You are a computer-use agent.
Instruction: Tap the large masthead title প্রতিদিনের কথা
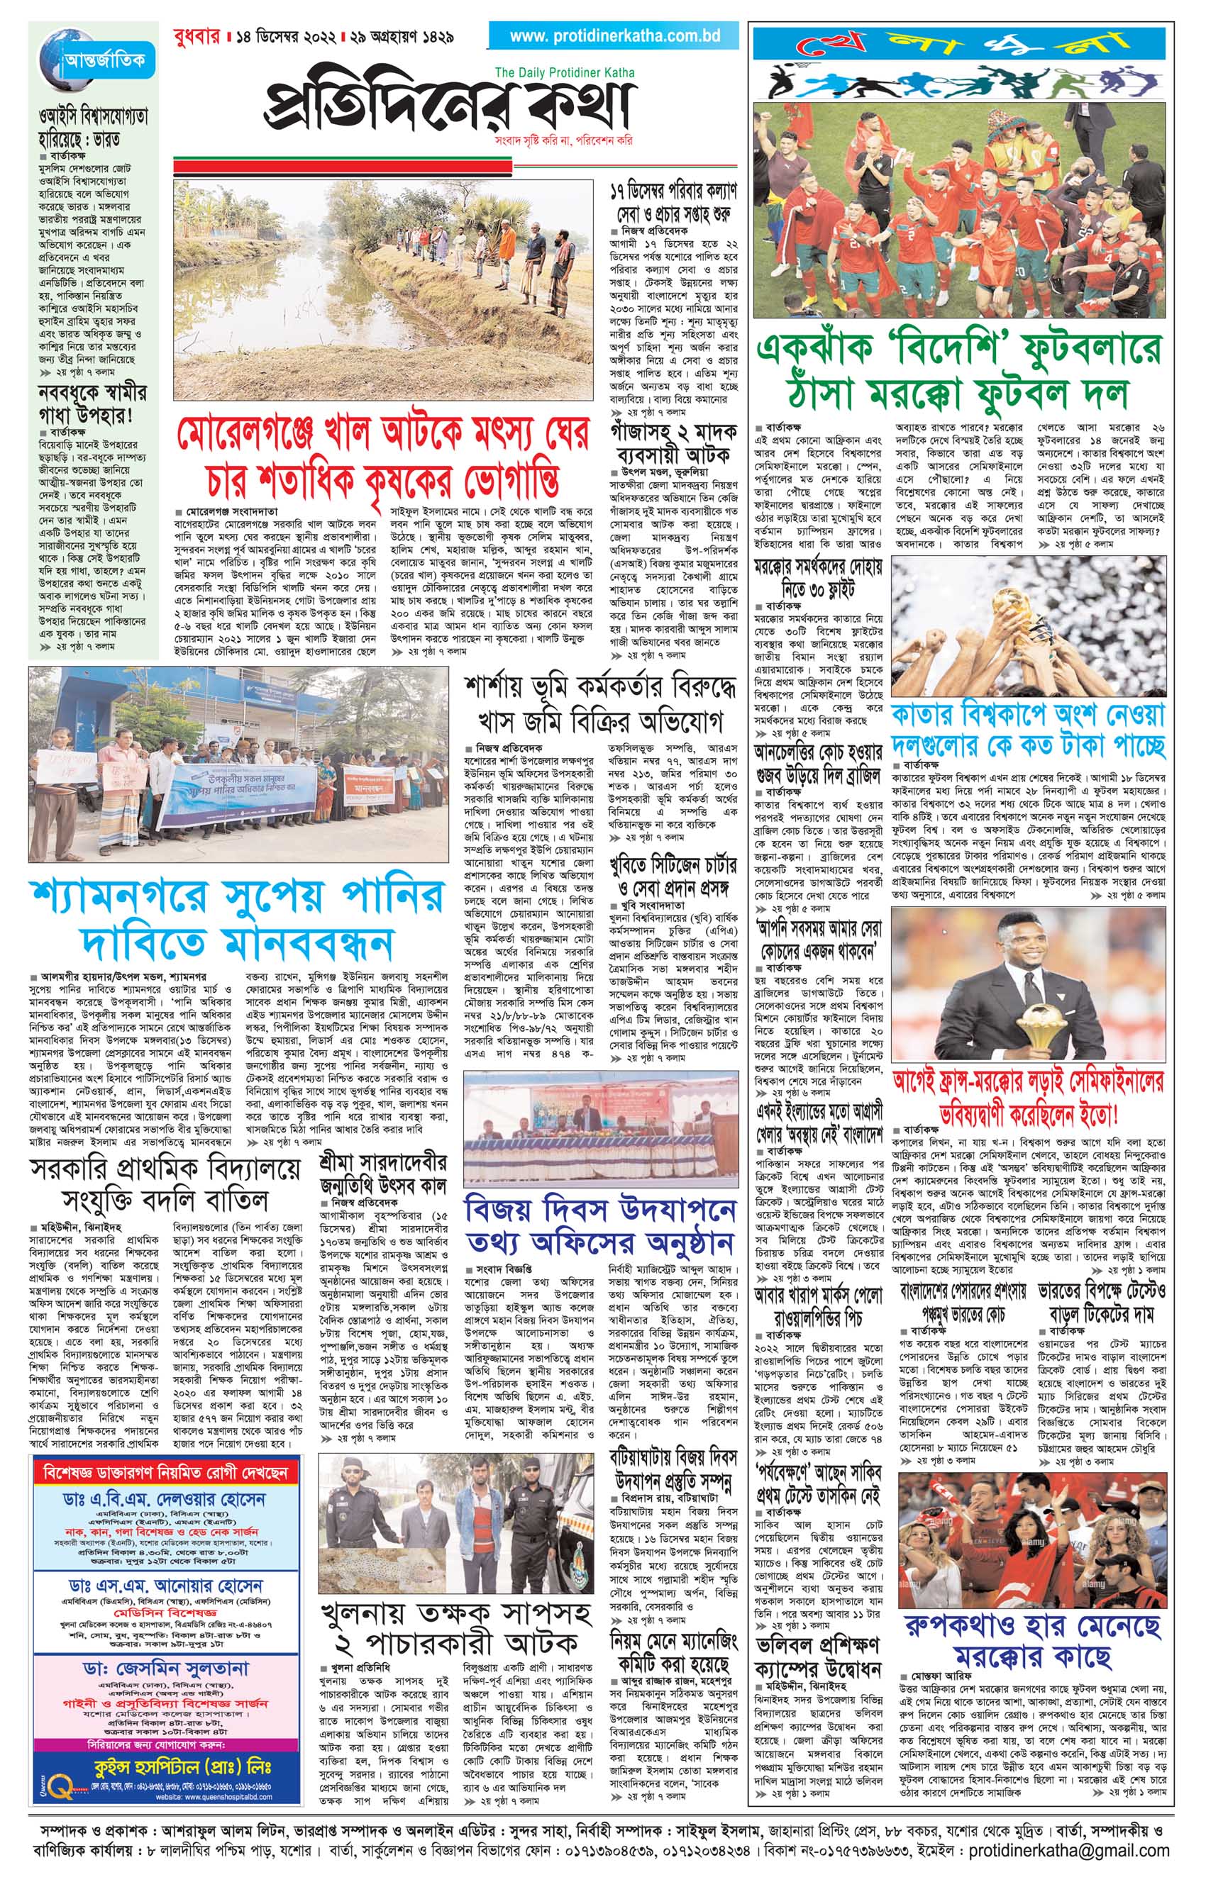(x=447, y=108)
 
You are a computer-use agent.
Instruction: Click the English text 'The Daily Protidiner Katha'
(x=565, y=73)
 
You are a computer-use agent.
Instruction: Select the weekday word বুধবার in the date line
(x=195, y=37)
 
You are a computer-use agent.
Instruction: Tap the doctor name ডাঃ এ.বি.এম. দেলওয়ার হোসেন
(x=165, y=1478)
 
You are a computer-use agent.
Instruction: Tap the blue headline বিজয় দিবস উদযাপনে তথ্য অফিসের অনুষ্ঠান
(x=600, y=1225)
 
